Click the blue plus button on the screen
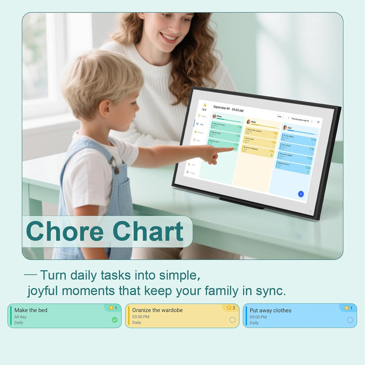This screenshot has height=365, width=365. coord(301,194)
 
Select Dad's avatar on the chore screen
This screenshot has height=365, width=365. coord(285,128)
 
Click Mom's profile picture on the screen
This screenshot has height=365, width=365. coord(249,122)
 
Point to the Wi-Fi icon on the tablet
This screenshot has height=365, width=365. coord(318,122)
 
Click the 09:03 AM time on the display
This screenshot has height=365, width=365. coord(238,110)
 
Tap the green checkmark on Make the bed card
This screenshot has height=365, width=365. coord(115,320)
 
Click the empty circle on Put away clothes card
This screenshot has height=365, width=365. coord(350,320)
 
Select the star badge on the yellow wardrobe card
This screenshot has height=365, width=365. coord(229,308)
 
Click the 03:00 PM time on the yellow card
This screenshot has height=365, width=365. coord(141,317)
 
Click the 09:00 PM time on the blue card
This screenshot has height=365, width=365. coord(258,317)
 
